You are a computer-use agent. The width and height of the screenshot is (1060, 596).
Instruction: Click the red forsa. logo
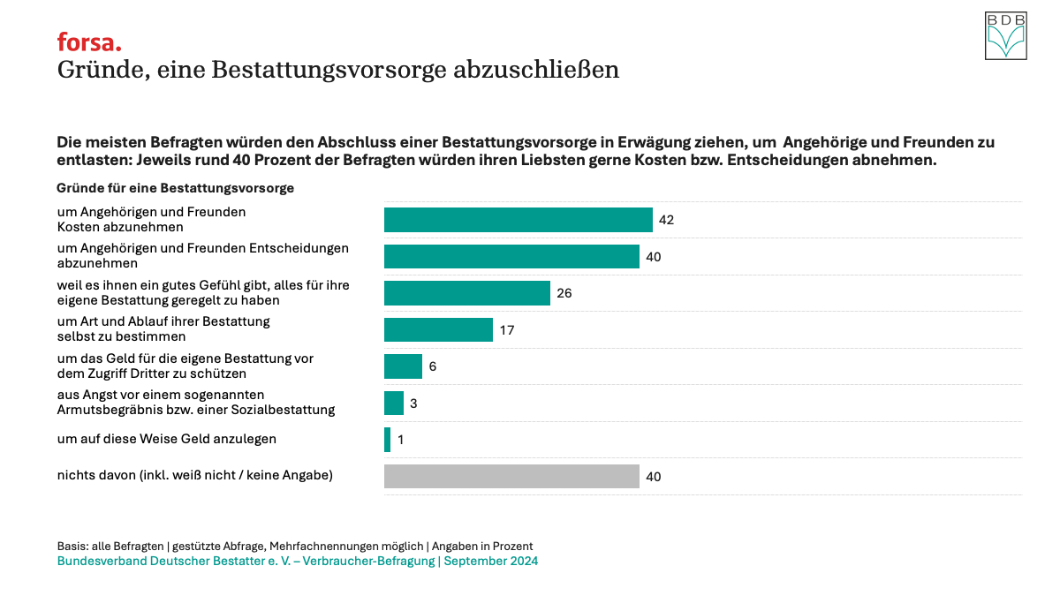tap(89, 41)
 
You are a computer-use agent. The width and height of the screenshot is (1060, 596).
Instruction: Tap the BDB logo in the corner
tap(1006, 36)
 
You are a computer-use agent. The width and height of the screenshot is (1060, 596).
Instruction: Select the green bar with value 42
tap(518, 220)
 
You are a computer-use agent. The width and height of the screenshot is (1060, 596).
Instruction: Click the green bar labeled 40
tap(511, 257)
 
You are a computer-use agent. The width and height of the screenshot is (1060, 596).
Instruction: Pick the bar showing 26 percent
tap(467, 293)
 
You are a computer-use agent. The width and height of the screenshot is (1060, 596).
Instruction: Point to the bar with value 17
tap(438, 330)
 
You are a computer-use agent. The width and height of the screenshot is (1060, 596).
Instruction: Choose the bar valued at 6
tap(403, 366)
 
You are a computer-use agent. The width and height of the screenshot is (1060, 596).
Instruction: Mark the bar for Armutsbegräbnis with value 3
tap(394, 404)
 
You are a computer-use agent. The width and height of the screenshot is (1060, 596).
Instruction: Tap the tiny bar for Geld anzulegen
tap(387, 440)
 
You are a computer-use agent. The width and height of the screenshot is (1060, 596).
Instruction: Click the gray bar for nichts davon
tap(511, 477)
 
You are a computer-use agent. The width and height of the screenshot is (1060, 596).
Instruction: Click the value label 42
tap(666, 220)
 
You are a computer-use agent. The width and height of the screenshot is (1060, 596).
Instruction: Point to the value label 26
tap(564, 293)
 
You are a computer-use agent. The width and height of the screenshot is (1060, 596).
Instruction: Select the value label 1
tap(400, 440)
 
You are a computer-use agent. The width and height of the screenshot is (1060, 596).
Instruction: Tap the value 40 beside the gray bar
tap(653, 477)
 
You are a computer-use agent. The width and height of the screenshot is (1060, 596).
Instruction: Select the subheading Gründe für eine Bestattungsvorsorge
tap(175, 188)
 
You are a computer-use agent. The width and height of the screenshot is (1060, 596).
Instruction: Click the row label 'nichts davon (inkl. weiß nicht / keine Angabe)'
tap(194, 475)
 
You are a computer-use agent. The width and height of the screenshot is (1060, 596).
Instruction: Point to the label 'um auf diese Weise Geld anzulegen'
tap(167, 439)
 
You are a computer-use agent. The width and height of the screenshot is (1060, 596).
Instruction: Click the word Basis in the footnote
tap(72, 547)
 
